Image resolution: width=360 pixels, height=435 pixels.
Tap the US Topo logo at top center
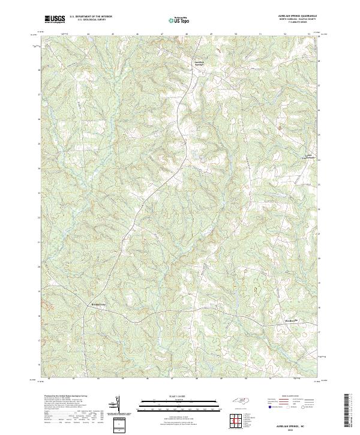(179, 20)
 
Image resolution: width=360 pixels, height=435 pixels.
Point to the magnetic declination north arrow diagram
(118, 405)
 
